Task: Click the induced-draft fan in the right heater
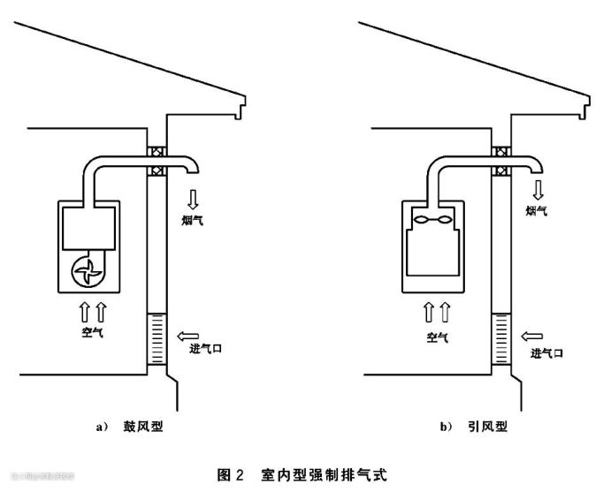coord(431,218)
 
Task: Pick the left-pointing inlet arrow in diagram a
coord(190,334)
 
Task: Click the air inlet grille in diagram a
coord(155,339)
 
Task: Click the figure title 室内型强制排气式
coord(326,474)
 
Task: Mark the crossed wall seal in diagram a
coord(155,159)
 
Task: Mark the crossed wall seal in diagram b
coord(500,159)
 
